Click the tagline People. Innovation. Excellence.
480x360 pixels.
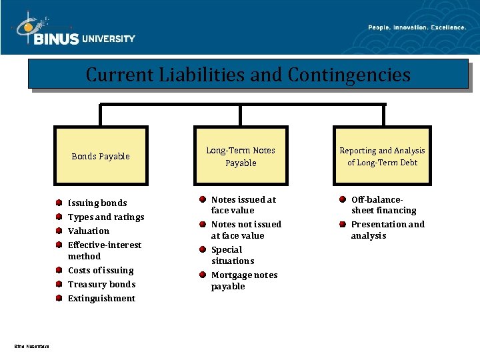417,27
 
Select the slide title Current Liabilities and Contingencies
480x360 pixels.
248,74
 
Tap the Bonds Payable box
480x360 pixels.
101,156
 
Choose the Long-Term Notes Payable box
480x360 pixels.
241,156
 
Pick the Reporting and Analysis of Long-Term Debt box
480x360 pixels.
382,156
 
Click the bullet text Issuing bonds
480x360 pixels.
97,203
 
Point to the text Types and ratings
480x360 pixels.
106,217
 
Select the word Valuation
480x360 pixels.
89,231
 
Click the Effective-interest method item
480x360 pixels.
104,250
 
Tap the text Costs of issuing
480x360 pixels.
101,270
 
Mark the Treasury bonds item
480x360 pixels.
101,284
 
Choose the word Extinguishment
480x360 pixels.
101,298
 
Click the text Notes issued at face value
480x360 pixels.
243,205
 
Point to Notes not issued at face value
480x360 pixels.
245,229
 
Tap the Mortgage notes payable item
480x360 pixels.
243,280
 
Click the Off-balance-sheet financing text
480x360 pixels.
383,205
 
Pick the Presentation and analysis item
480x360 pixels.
387,229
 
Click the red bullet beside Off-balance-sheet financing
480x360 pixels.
342,199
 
